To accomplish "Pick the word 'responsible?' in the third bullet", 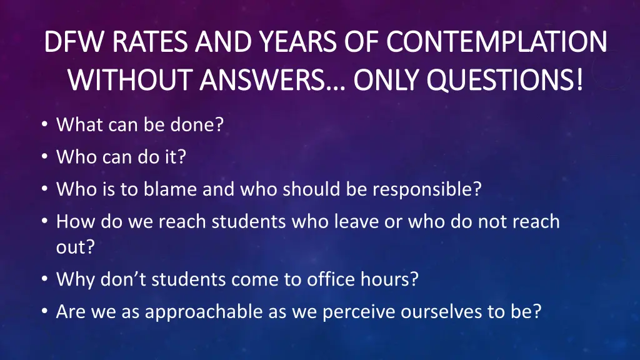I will (427, 189).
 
